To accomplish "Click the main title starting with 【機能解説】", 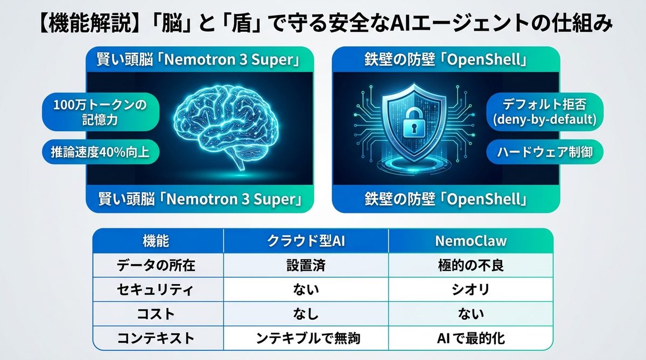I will point(323,24).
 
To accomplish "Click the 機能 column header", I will point(157,241).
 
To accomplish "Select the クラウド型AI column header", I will point(306,241).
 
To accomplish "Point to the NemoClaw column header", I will point(471,241).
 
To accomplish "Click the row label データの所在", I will point(157,265).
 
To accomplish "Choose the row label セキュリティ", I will point(157,290).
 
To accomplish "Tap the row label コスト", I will point(157,314).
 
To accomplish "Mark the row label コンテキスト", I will point(157,338).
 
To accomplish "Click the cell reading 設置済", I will point(306,265).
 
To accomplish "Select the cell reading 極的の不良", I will point(471,265).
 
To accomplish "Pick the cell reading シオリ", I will point(471,290).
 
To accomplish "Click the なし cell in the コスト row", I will point(306,314).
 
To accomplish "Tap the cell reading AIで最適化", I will point(471,338).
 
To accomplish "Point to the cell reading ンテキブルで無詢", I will point(306,338).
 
